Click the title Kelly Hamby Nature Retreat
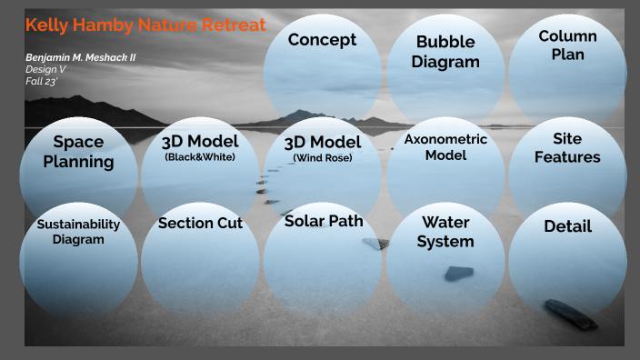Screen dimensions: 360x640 click(x=145, y=25)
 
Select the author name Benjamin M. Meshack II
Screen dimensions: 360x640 click(x=81, y=57)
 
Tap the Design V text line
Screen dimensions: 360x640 click(x=45, y=69)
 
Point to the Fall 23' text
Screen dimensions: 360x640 click(x=42, y=81)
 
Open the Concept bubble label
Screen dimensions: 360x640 click(x=322, y=39)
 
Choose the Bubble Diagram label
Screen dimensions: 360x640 click(x=445, y=52)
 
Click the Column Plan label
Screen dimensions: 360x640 click(x=567, y=45)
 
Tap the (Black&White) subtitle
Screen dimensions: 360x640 click(x=200, y=157)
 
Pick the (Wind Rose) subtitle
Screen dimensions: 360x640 click(x=322, y=158)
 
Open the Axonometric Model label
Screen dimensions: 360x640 click(x=445, y=147)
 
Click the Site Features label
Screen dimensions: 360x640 click(x=567, y=148)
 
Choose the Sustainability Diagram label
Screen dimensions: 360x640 click(x=78, y=232)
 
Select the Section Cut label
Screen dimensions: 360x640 click(x=200, y=223)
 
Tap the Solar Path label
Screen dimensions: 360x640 click(x=323, y=221)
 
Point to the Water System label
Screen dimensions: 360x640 click(x=445, y=232)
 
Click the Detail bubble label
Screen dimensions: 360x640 click(x=567, y=226)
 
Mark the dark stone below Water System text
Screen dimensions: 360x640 click(x=458, y=273)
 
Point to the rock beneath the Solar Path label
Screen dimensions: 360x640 click(x=374, y=243)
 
